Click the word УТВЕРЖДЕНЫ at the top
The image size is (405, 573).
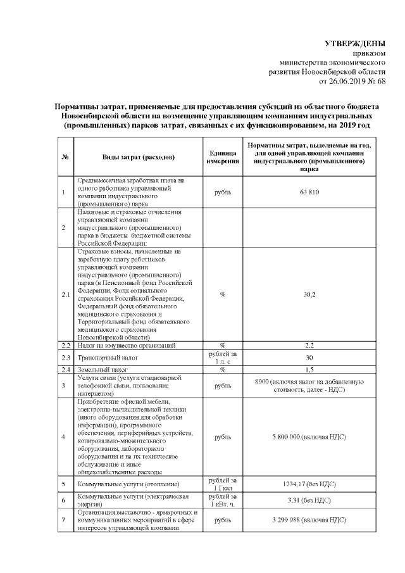(354, 44)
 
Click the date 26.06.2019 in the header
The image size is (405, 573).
(350, 81)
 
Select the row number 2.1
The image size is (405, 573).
(66, 294)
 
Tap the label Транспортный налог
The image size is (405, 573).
(106, 357)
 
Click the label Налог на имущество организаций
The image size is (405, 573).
(122, 345)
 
